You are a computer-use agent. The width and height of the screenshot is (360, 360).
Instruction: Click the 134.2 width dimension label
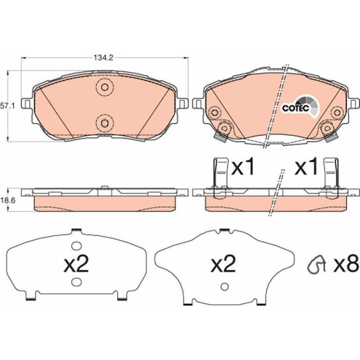pos(103,58)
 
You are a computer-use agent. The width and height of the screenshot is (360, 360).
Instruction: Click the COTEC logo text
pos(296,108)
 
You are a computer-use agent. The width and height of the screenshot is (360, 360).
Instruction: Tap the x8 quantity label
pos(346,265)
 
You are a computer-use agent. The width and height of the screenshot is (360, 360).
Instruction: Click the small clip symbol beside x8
pos(317,265)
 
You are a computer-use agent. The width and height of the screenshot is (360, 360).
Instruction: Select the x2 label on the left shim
pos(76,264)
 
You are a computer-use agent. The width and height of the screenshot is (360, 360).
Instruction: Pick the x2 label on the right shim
pos(223,264)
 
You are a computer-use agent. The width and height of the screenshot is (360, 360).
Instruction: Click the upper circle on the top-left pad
pos(105,87)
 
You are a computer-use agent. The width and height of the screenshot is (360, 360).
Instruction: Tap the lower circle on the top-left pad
pos(105,123)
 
